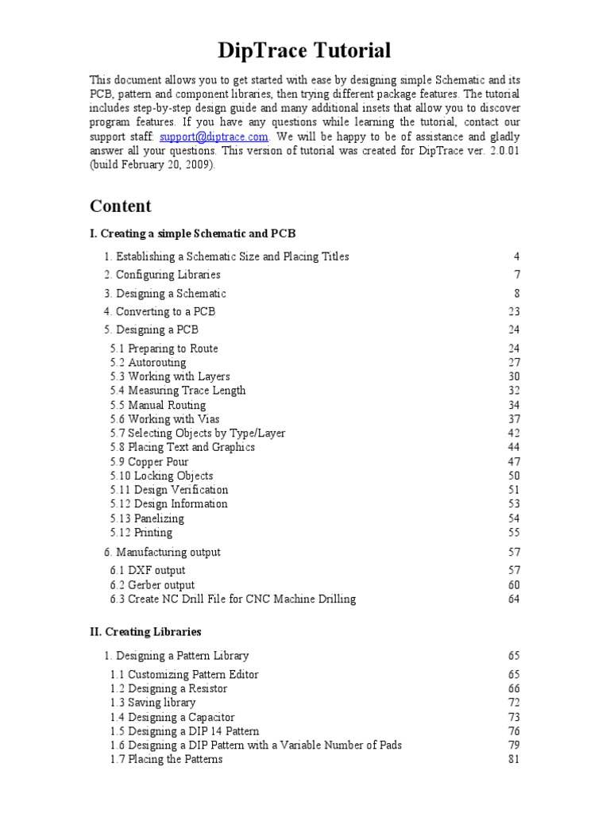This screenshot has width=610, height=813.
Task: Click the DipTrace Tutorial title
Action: tap(305, 52)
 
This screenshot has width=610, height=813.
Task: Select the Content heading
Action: tap(120, 206)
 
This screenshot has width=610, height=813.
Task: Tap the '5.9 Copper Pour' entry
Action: tap(149, 461)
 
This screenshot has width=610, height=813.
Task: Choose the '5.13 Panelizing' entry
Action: tap(147, 518)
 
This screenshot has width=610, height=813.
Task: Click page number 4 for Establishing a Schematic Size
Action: tap(516, 256)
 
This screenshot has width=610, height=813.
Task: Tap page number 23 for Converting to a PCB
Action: tap(513, 311)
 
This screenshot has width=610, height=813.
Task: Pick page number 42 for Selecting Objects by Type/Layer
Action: tap(513, 433)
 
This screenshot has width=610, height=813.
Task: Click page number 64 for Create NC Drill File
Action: tap(513, 599)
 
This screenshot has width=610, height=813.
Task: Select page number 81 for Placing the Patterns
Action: tap(513, 759)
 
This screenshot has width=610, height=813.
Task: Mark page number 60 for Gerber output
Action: tap(513, 585)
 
